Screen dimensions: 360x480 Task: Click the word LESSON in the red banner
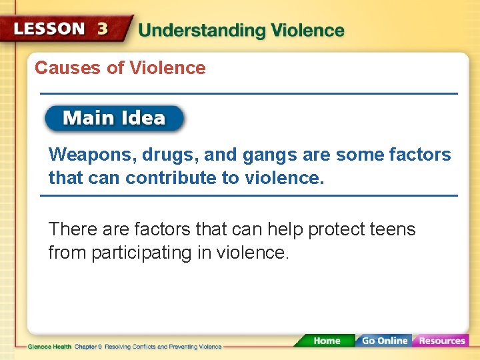click(49, 29)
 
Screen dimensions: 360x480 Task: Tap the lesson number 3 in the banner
click(103, 29)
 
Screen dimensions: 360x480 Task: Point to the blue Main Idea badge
click(114, 119)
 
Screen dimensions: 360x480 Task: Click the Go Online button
click(383, 341)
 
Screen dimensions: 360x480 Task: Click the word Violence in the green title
click(306, 31)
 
